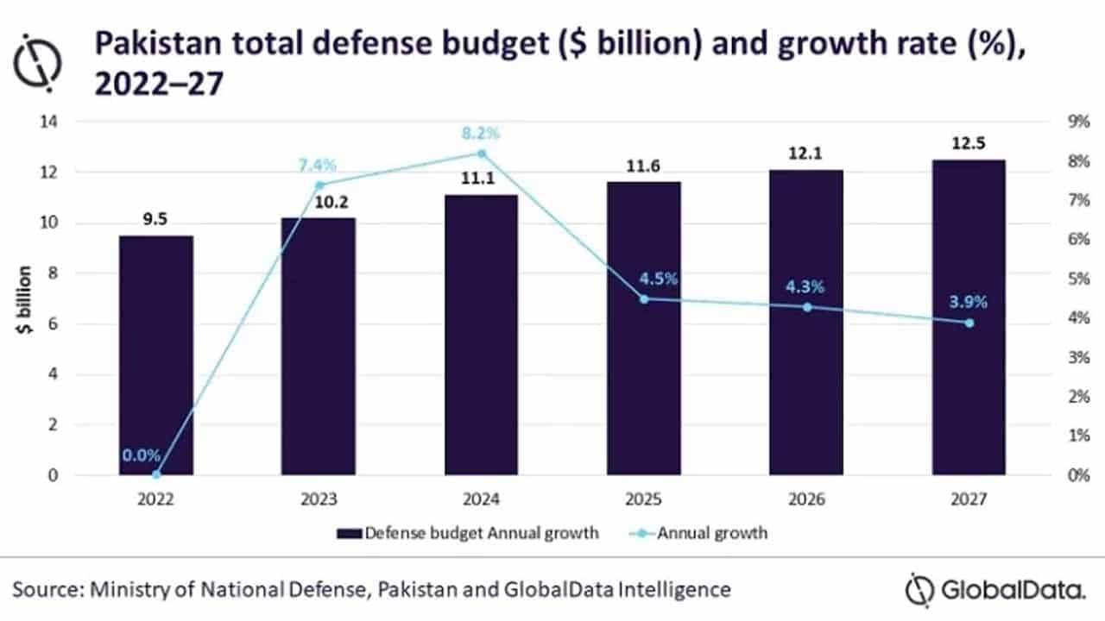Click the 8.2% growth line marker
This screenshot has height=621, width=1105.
pyautogui.click(x=482, y=154)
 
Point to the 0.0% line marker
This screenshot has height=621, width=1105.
pyautogui.click(x=156, y=474)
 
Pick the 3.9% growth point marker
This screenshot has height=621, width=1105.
pyautogui.click(x=969, y=323)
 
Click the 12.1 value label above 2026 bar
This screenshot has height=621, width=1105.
pyautogui.click(x=806, y=152)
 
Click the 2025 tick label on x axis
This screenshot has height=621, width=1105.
pyautogui.click(x=644, y=499)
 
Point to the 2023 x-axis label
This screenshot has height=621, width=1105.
pyautogui.click(x=319, y=499)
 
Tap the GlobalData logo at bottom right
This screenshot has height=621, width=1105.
pyautogui.click(x=996, y=590)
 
